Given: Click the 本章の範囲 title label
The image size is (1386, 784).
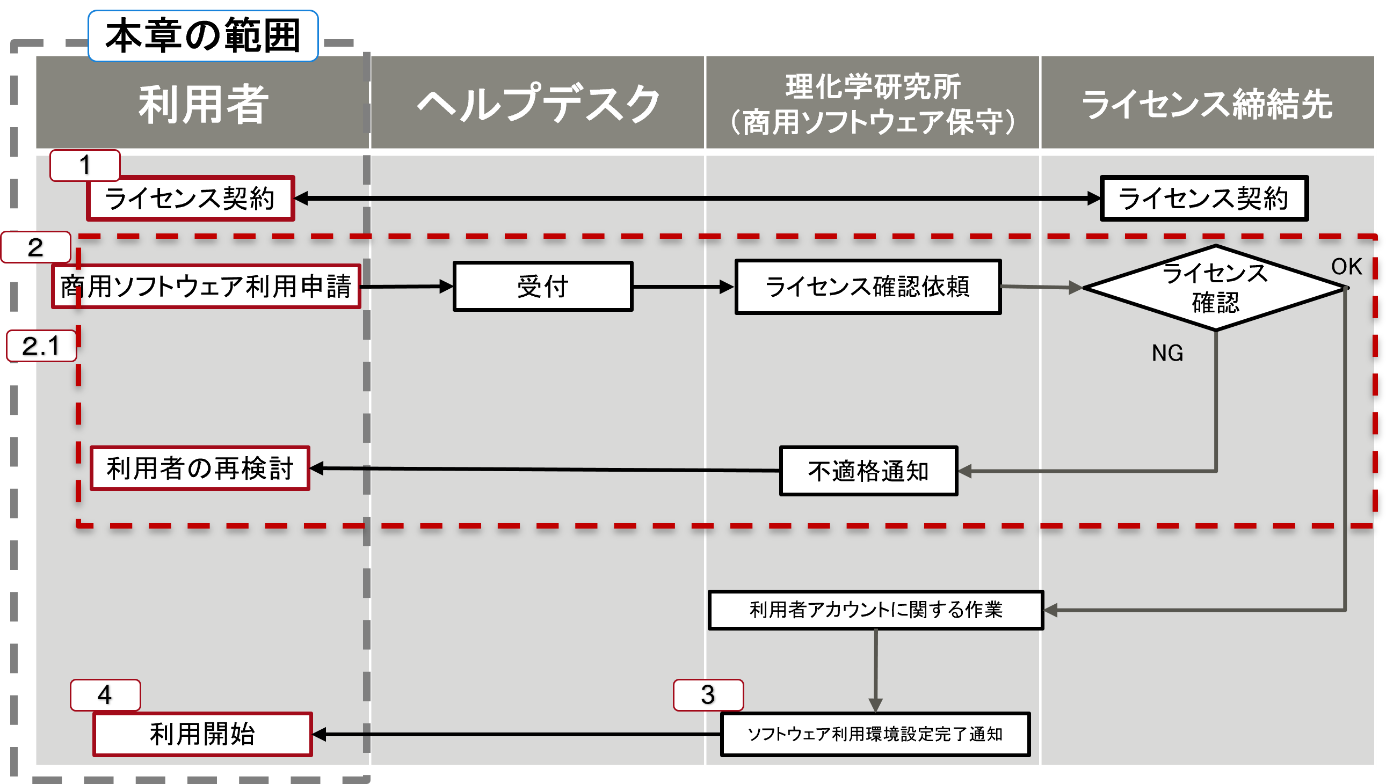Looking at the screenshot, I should click(x=203, y=35).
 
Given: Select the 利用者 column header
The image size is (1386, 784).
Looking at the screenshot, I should click(x=203, y=104).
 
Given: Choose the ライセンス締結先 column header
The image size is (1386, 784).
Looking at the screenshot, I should click(x=1207, y=104).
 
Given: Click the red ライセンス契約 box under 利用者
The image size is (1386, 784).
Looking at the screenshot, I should click(x=190, y=198).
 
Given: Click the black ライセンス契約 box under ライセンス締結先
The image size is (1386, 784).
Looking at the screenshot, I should click(x=1204, y=198).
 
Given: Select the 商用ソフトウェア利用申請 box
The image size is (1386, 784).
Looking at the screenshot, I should click(x=206, y=287).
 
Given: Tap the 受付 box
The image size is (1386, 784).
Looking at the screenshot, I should click(x=543, y=287).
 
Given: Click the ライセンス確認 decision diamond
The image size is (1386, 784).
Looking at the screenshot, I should click(x=1215, y=288).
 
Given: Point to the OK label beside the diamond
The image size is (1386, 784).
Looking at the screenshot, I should click(x=1346, y=267).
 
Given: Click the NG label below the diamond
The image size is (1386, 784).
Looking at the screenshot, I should click(x=1167, y=353).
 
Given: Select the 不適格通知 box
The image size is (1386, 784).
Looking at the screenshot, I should click(x=868, y=471).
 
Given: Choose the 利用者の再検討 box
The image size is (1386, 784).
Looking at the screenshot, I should click(x=200, y=468).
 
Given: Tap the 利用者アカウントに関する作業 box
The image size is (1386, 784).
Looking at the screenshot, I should click(x=876, y=610).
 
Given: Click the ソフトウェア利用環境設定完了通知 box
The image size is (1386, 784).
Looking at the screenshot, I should click(x=875, y=735).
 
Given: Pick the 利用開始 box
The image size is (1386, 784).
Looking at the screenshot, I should click(x=202, y=735).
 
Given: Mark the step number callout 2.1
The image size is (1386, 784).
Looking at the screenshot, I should click(x=41, y=346).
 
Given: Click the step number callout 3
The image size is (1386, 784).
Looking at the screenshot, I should click(x=708, y=695).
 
